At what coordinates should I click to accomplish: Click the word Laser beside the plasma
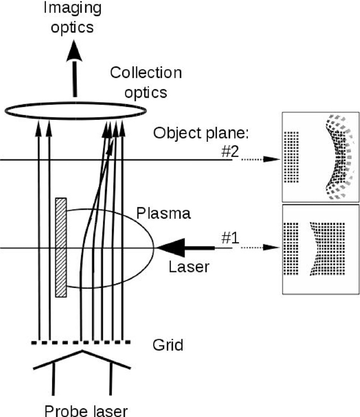189,267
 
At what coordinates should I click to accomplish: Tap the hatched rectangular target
61,247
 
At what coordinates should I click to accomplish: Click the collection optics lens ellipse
75,110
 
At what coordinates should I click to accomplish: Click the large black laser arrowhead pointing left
171,248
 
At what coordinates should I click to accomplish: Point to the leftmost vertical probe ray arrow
39,231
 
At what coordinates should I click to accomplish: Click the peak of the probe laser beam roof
81,353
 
